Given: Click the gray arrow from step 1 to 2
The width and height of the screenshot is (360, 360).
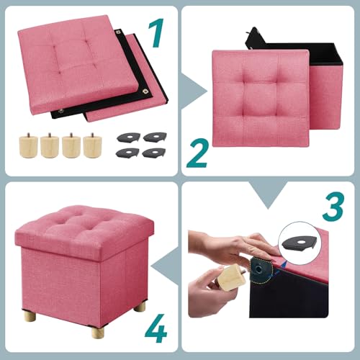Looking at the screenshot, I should click(172, 91).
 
